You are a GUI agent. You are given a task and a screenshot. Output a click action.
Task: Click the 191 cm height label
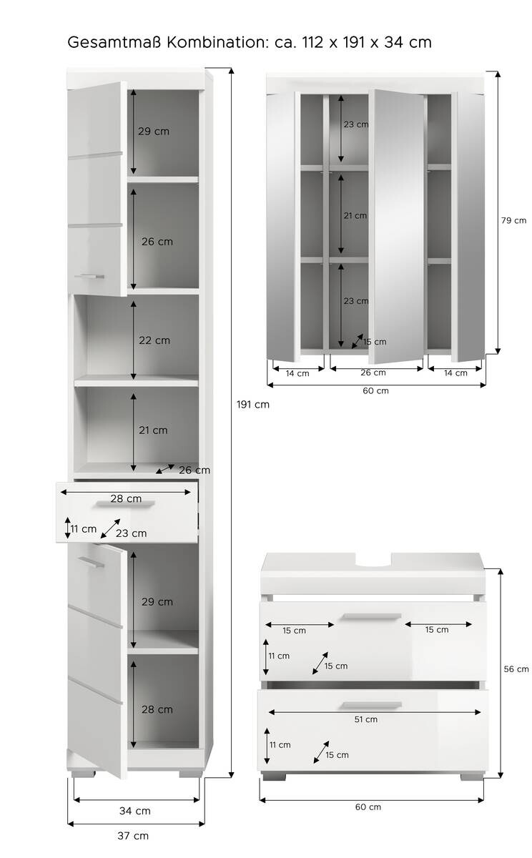click(252, 404)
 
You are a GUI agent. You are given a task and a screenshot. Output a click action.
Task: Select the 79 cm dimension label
click(513, 220)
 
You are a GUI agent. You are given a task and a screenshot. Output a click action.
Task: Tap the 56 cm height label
click(516, 669)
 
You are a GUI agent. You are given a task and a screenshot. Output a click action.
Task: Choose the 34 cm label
click(134, 811)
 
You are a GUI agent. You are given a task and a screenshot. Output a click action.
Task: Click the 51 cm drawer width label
click(365, 719)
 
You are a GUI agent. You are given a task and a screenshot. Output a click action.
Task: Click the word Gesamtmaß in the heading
click(114, 42)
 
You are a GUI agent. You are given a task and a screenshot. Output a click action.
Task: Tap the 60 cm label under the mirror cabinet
click(376, 390)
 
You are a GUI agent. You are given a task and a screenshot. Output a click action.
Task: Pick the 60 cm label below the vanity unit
click(368, 807)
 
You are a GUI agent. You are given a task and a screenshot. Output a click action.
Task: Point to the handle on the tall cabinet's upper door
click(89, 275)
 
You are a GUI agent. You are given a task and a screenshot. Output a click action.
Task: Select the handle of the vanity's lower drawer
click(371, 705)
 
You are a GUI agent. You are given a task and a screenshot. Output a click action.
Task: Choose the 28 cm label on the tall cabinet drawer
click(126, 499)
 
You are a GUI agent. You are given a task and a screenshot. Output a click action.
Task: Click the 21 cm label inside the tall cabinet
click(153, 430)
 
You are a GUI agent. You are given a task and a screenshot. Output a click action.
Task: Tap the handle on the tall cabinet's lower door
click(92, 563)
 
